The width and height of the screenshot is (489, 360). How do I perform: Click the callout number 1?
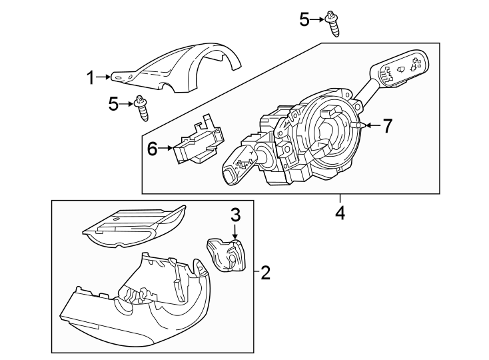[89, 78]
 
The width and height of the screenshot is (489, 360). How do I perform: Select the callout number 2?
[265, 272]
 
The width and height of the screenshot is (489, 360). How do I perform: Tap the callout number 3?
[235, 215]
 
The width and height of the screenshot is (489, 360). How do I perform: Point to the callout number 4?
[340, 213]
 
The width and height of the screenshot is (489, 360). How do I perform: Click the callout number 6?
[152, 149]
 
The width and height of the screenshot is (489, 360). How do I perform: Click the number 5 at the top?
[304, 20]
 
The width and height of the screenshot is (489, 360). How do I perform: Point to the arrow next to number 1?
[103, 78]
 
